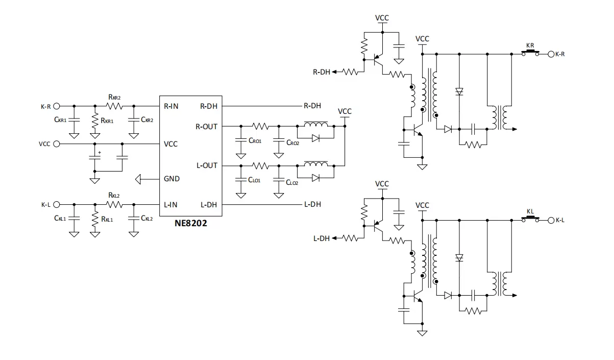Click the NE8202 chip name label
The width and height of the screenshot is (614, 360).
[x=191, y=223]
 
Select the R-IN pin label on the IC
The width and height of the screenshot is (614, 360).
[x=171, y=106]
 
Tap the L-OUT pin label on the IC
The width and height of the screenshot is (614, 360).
[x=207, y=165]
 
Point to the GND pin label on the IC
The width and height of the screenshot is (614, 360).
[x=171, y=179]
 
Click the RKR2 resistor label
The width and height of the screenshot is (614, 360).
[x=114, y=97]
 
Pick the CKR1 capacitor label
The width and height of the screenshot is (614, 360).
[x=60, y=120]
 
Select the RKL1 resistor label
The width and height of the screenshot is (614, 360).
[x=107, y=219]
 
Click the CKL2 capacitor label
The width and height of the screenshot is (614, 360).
[x=147, y=218]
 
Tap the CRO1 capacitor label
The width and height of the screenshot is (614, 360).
[x=255, y=140]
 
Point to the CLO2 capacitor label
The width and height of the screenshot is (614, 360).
[x=292, y=183]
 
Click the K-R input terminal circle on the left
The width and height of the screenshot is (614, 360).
[x=57, y=106]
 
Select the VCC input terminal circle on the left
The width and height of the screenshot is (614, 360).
[x=57, y=144]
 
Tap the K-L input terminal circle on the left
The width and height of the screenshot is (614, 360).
[x=57, y=205]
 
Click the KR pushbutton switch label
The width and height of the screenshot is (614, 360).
[x=530, y=45]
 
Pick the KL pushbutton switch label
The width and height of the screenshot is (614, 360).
[x=530, y=211]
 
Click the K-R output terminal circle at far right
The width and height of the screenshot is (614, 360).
[x=551, y=54]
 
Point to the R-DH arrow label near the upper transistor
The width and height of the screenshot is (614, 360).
[x=322, y=72]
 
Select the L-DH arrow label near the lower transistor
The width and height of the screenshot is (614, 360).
[x=322, y=238]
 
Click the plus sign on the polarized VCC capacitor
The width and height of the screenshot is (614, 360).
[x=100, y=153]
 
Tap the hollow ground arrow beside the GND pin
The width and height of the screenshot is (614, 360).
[x=138, y=179]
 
